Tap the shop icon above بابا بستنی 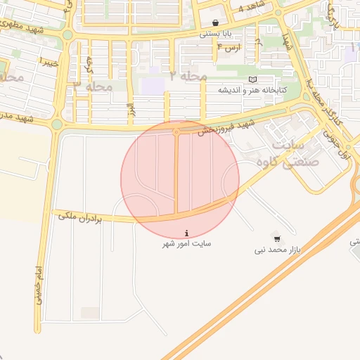[x=214, y=22]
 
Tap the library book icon [x=253, y=79]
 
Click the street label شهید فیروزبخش [x=223, y=126]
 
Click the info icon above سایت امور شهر [x=186, y=233]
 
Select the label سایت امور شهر [x=186, y=243]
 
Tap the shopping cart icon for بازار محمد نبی [x=275, y=238]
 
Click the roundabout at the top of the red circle [x=176, y=131]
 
